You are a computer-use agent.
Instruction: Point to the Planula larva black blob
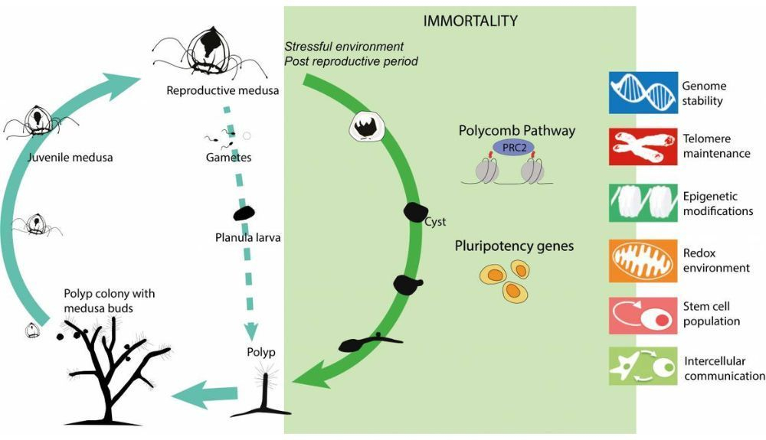[244, 214]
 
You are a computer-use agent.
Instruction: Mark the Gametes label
[229, 158]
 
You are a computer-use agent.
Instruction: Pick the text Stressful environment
[343, 47]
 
